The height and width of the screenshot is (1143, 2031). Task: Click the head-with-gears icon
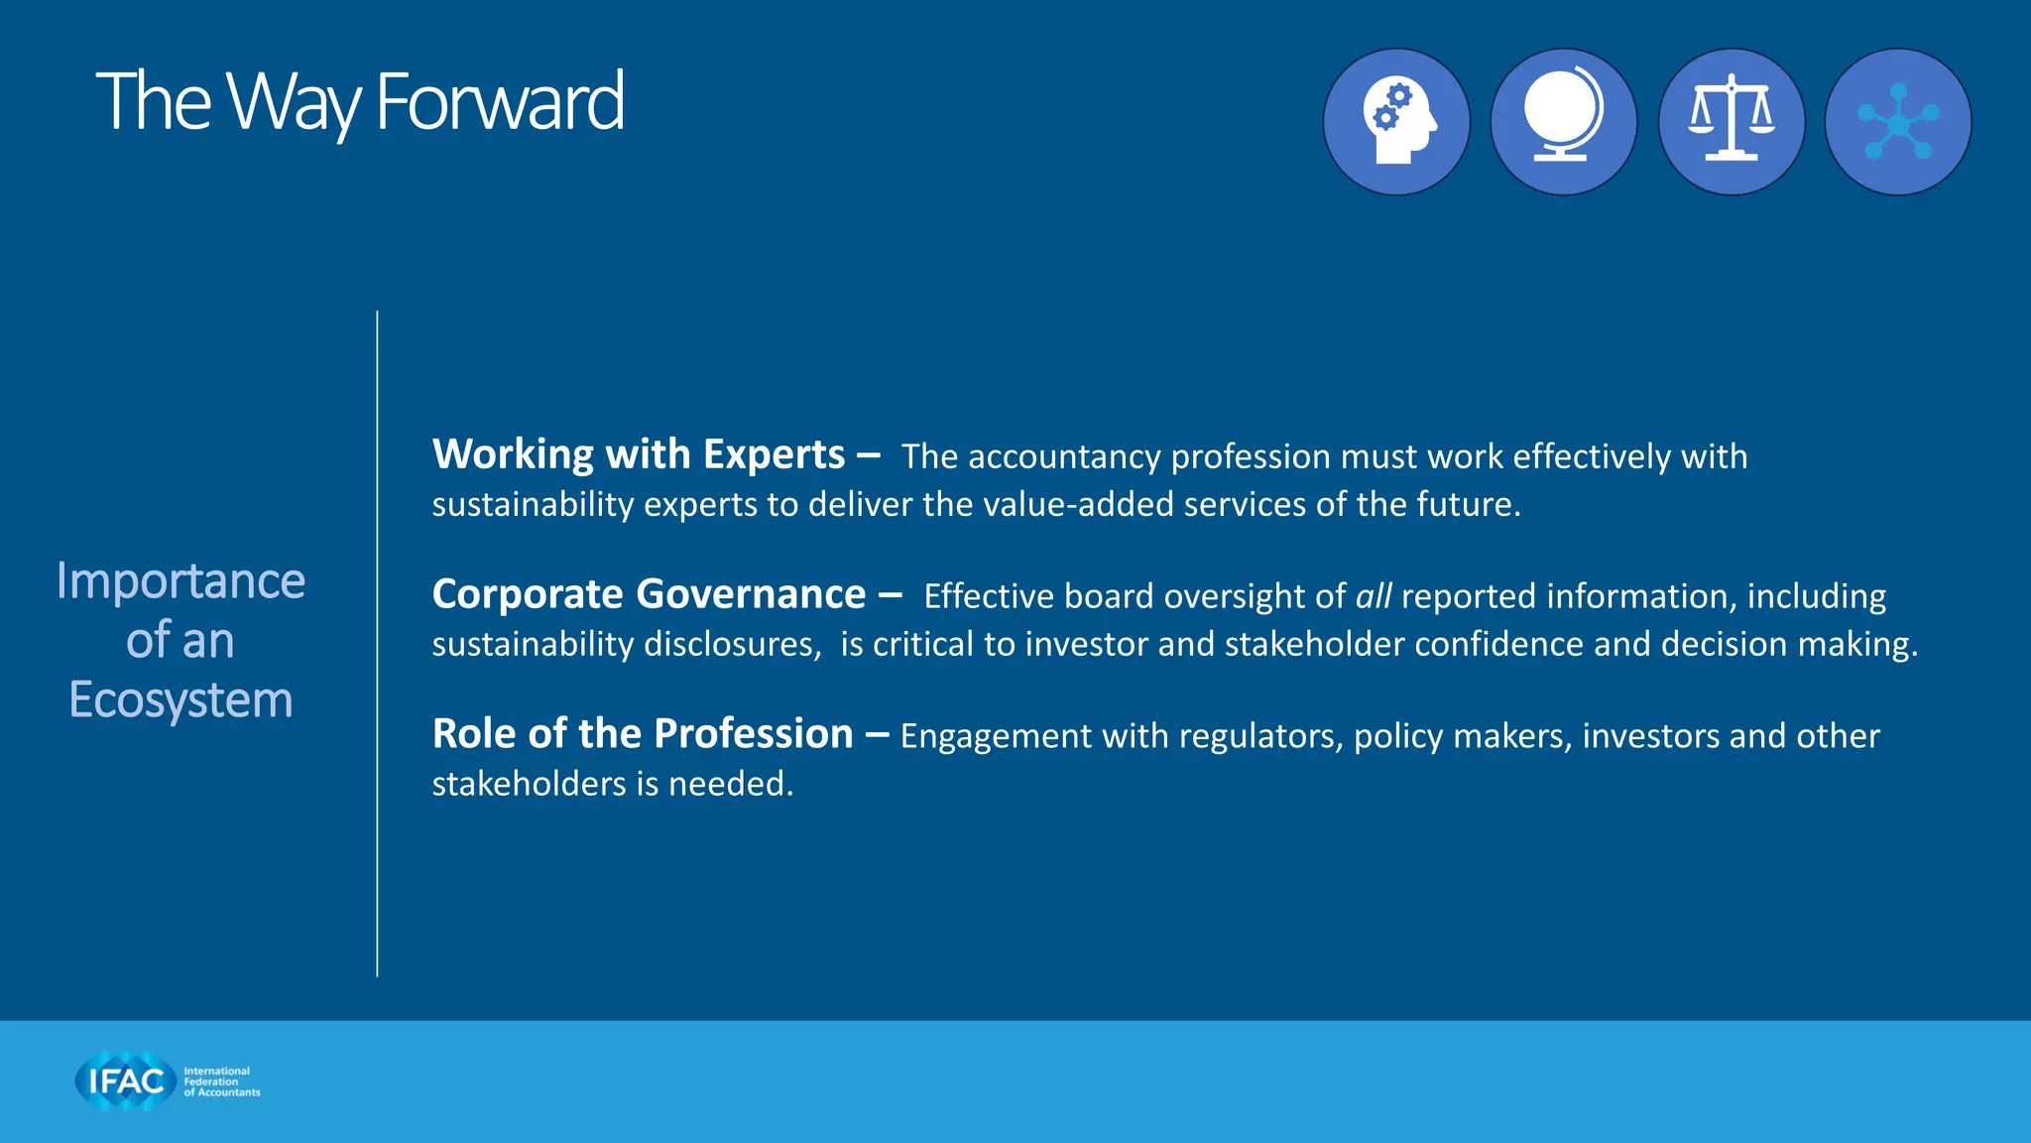click(x=1396, y=122)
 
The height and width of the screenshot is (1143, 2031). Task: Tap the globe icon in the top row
click(x=1564, y=122)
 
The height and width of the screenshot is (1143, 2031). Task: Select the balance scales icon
click(x=1732, y=122)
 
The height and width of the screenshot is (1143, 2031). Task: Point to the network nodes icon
click(x=1898, y=122)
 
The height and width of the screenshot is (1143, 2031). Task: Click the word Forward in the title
click(x=500, y=101)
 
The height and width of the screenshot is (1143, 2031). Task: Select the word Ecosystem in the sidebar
click(x=180, y=700)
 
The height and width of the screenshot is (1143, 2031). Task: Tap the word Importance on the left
click(x=180, y=580)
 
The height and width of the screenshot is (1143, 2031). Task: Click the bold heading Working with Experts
click(x=639, y=454)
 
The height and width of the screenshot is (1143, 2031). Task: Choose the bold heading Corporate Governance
click(x=649, y=594)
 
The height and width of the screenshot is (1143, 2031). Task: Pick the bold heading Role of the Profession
click(x=643, y=734)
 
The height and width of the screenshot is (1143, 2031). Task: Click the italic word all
click(x=1374, y=596)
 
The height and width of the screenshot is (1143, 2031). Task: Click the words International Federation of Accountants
click(x=221, y=1081)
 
